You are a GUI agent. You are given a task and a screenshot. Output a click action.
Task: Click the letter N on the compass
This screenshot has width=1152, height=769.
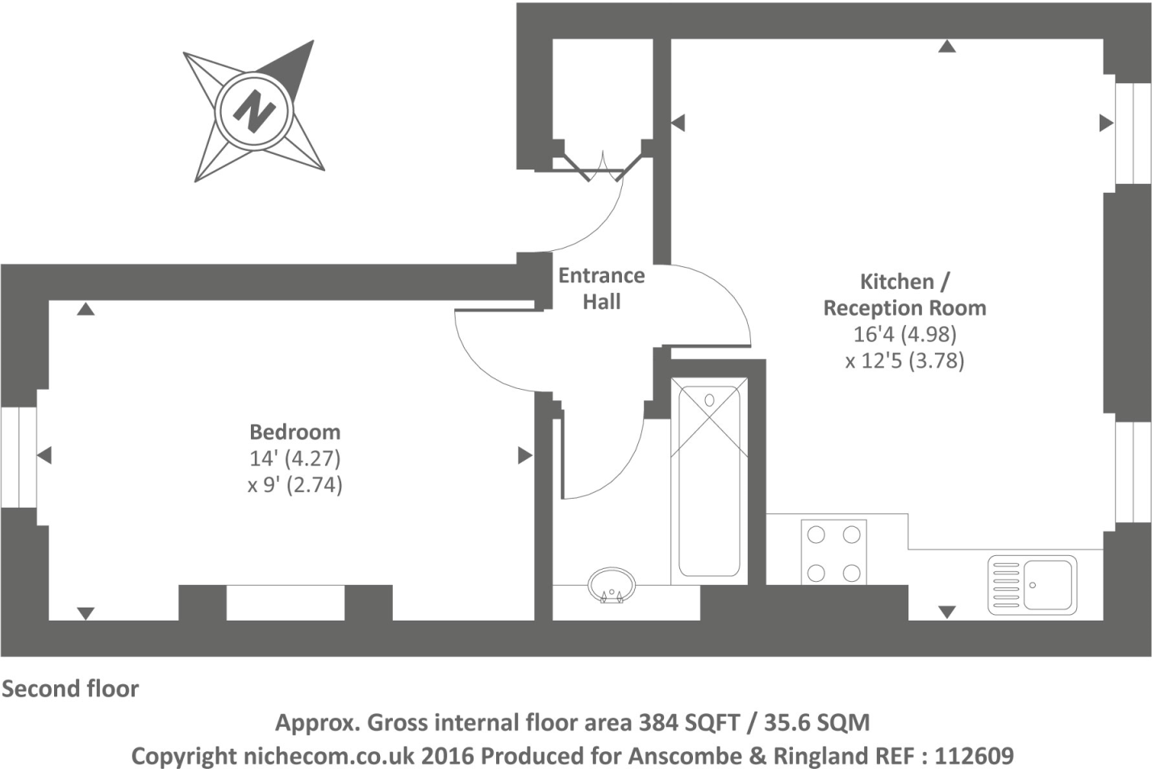pos(254,111)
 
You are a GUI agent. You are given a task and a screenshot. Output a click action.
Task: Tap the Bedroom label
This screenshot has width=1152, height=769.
pos(295,432)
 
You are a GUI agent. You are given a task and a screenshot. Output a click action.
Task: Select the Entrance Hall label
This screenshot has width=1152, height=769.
pos(602,289)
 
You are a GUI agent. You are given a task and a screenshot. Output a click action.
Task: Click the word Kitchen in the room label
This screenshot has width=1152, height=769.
pos(897,282)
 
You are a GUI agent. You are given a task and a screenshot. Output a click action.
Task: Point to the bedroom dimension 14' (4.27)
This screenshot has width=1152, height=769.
pos(295,458)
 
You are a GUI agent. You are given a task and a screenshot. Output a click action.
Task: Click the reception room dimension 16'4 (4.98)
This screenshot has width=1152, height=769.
pos(905,334)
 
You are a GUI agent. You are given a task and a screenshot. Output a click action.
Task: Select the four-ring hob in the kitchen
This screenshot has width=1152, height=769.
pos(833,553)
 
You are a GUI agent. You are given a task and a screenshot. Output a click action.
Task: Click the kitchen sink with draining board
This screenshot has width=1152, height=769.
pos(1032,585)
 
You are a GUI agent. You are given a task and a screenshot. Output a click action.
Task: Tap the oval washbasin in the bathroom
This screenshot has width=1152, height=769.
pos(611,585)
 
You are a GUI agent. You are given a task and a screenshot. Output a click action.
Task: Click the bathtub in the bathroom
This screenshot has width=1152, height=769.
pos(709,482)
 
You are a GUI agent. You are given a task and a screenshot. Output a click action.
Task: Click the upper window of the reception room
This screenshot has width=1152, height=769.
pos(1133,133)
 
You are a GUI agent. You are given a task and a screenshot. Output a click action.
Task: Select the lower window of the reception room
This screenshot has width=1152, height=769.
pos(1133,472)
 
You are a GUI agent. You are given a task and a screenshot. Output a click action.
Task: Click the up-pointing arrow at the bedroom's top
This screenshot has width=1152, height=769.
pos(86,308)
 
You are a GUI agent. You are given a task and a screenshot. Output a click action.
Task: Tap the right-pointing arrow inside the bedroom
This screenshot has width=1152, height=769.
pos(525,455)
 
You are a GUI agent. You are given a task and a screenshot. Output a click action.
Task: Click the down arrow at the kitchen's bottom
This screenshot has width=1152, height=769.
pos(947,612)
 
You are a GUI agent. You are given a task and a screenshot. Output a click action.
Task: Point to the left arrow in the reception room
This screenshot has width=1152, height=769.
pos(678,123)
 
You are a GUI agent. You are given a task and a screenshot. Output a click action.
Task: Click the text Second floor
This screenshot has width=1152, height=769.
pos(70,689)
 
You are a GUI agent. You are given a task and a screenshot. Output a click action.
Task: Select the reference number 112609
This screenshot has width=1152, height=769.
pos(974,756)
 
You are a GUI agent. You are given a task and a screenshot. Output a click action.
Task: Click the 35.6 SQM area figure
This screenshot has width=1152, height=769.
pos(817,723)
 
